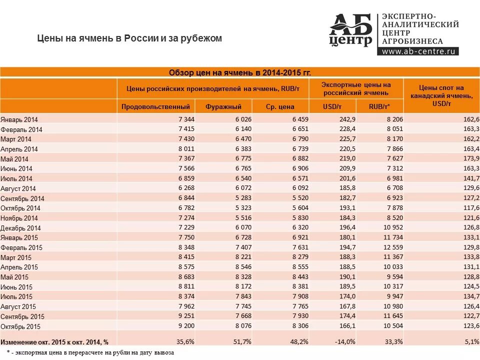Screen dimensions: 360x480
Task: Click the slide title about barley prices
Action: [x=130, y=38]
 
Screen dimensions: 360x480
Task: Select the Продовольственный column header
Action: [x=155, y=106]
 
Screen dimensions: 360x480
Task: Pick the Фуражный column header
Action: [x=223, y=106]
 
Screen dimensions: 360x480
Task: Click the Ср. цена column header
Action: [x=280, y=106]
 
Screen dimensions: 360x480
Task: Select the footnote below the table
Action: [x=90, y=353]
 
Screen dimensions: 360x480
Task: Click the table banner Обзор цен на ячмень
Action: [x=239, y=72]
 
